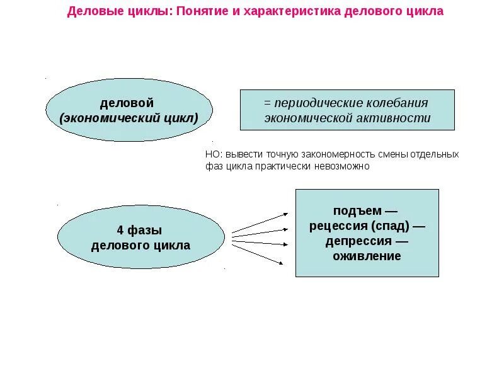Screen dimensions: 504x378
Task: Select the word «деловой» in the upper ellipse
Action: [x=127, y=103]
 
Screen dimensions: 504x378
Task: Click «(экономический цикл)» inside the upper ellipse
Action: [x=129, y=118]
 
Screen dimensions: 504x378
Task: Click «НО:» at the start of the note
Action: [x=214, y=154]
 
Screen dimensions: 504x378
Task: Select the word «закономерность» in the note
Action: [x=319, y=154]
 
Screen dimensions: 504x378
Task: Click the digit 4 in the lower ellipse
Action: [x=120, y=231]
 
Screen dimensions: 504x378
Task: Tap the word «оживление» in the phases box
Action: [x=367, y=256]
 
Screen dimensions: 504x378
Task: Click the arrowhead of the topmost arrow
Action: [x=285, y=215]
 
